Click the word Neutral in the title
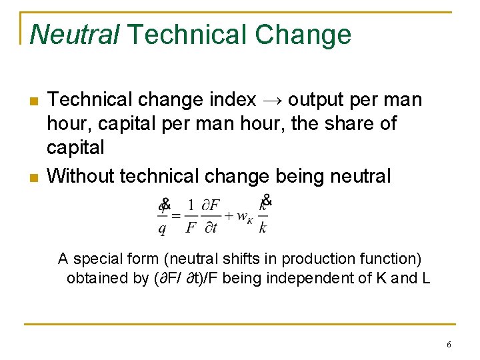tap(74, 34)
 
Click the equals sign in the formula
tap(176, 216)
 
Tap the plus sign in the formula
tap(229, 215)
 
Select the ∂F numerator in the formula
tap(211, 205)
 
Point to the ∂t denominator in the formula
tap(211, 227)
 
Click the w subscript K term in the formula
tap(244, 217)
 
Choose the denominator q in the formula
tap(162, 228)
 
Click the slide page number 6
tap(449, 345)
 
